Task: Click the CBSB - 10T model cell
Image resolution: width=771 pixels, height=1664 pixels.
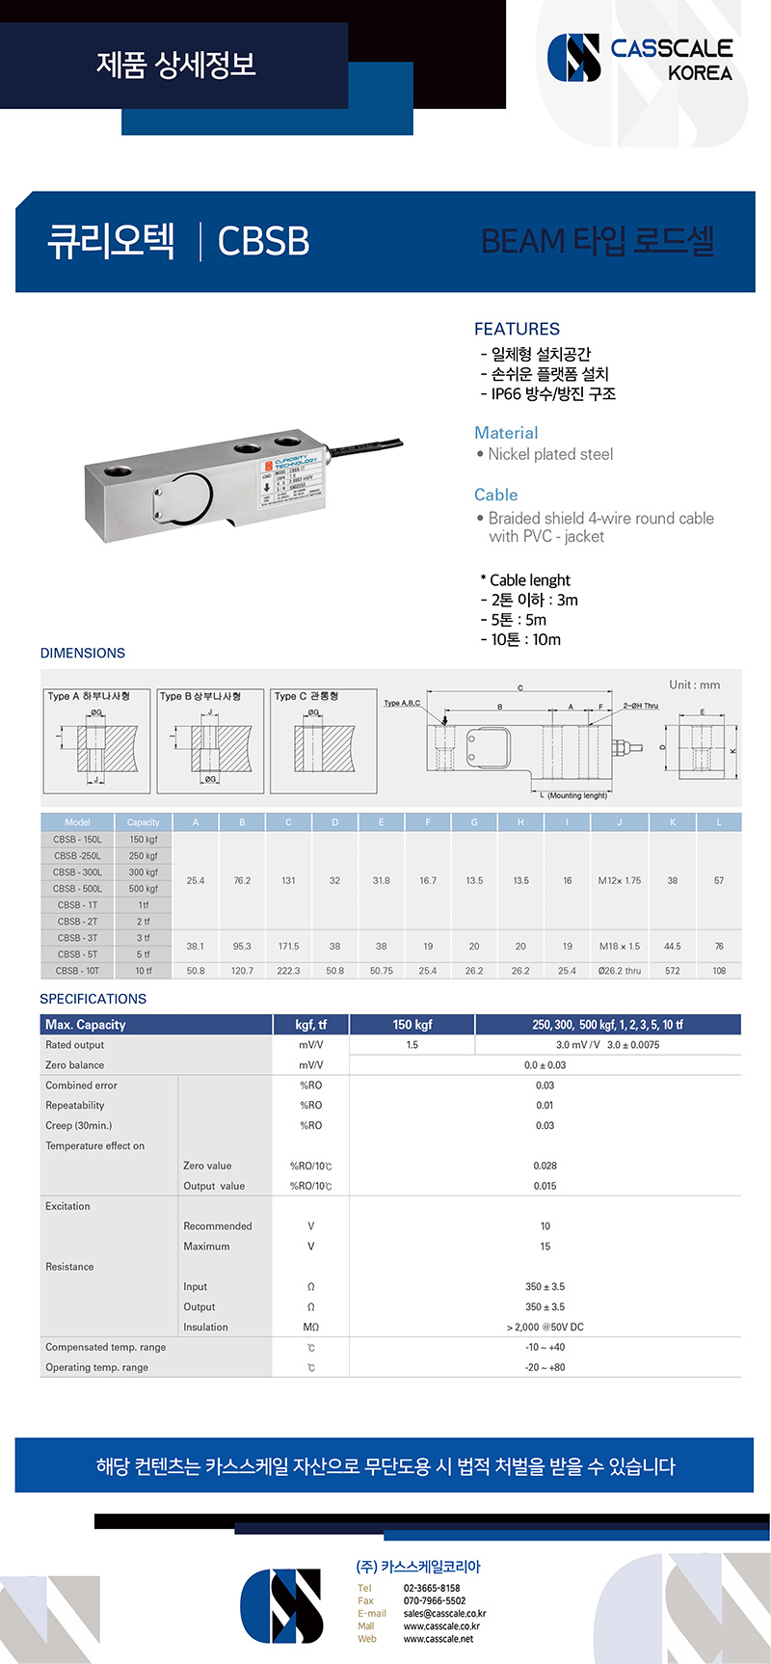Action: (77, 971)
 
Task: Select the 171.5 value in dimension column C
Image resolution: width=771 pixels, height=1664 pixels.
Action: (288, 947)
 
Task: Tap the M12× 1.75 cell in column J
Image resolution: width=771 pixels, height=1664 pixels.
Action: (619, 880)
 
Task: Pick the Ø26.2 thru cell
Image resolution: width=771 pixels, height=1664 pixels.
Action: (619, 971)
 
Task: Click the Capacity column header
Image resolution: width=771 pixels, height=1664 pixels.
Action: (144, 822)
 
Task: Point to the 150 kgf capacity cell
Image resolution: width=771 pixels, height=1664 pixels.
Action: (144, 840)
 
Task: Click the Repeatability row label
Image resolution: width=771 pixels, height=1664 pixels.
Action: (75, 1106)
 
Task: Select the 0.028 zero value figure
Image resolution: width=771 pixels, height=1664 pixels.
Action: (545, 1166)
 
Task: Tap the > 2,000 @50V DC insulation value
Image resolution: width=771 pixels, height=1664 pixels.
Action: (545, 1328)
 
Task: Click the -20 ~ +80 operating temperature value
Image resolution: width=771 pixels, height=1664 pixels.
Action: (545, 1367)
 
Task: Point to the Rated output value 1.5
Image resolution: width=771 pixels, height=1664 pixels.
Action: (412, 1045)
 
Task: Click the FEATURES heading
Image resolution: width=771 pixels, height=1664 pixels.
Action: (517, 329)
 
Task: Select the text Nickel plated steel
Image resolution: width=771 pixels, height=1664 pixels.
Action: (550, 454)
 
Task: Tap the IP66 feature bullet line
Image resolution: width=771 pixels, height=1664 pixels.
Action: (548, 394)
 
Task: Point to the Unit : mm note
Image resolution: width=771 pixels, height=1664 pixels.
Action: (694, 685)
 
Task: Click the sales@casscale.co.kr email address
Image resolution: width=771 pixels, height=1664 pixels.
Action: (444, 1613)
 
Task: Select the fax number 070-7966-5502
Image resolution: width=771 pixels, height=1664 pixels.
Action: (435, 1600)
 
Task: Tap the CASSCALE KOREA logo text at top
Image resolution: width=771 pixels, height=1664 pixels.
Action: (672, 59)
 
